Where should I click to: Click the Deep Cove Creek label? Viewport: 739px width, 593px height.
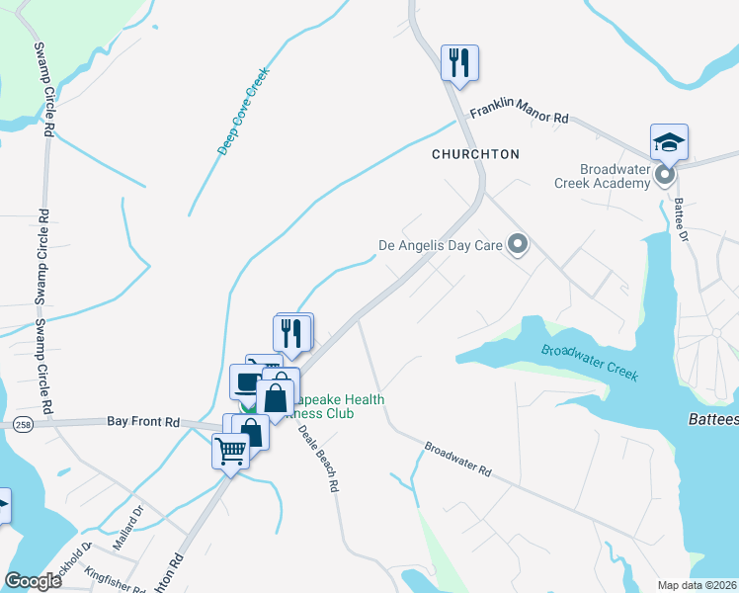[243, 110]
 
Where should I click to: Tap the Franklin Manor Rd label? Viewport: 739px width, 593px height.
[519, 114]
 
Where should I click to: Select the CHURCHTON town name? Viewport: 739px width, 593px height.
[475, 154]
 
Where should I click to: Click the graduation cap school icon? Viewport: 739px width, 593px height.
[669, 142]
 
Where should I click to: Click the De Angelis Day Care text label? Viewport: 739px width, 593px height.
[442, 244]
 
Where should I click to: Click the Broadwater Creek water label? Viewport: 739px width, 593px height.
[590, 363]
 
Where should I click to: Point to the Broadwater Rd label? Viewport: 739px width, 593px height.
[457, 460]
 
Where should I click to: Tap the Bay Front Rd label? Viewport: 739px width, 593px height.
[143, 422]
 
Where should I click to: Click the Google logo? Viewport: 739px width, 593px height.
[33, 581]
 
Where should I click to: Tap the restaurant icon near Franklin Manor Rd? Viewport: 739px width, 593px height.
[459, 63]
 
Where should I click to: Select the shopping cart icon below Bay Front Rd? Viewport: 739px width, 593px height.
[231, 452]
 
